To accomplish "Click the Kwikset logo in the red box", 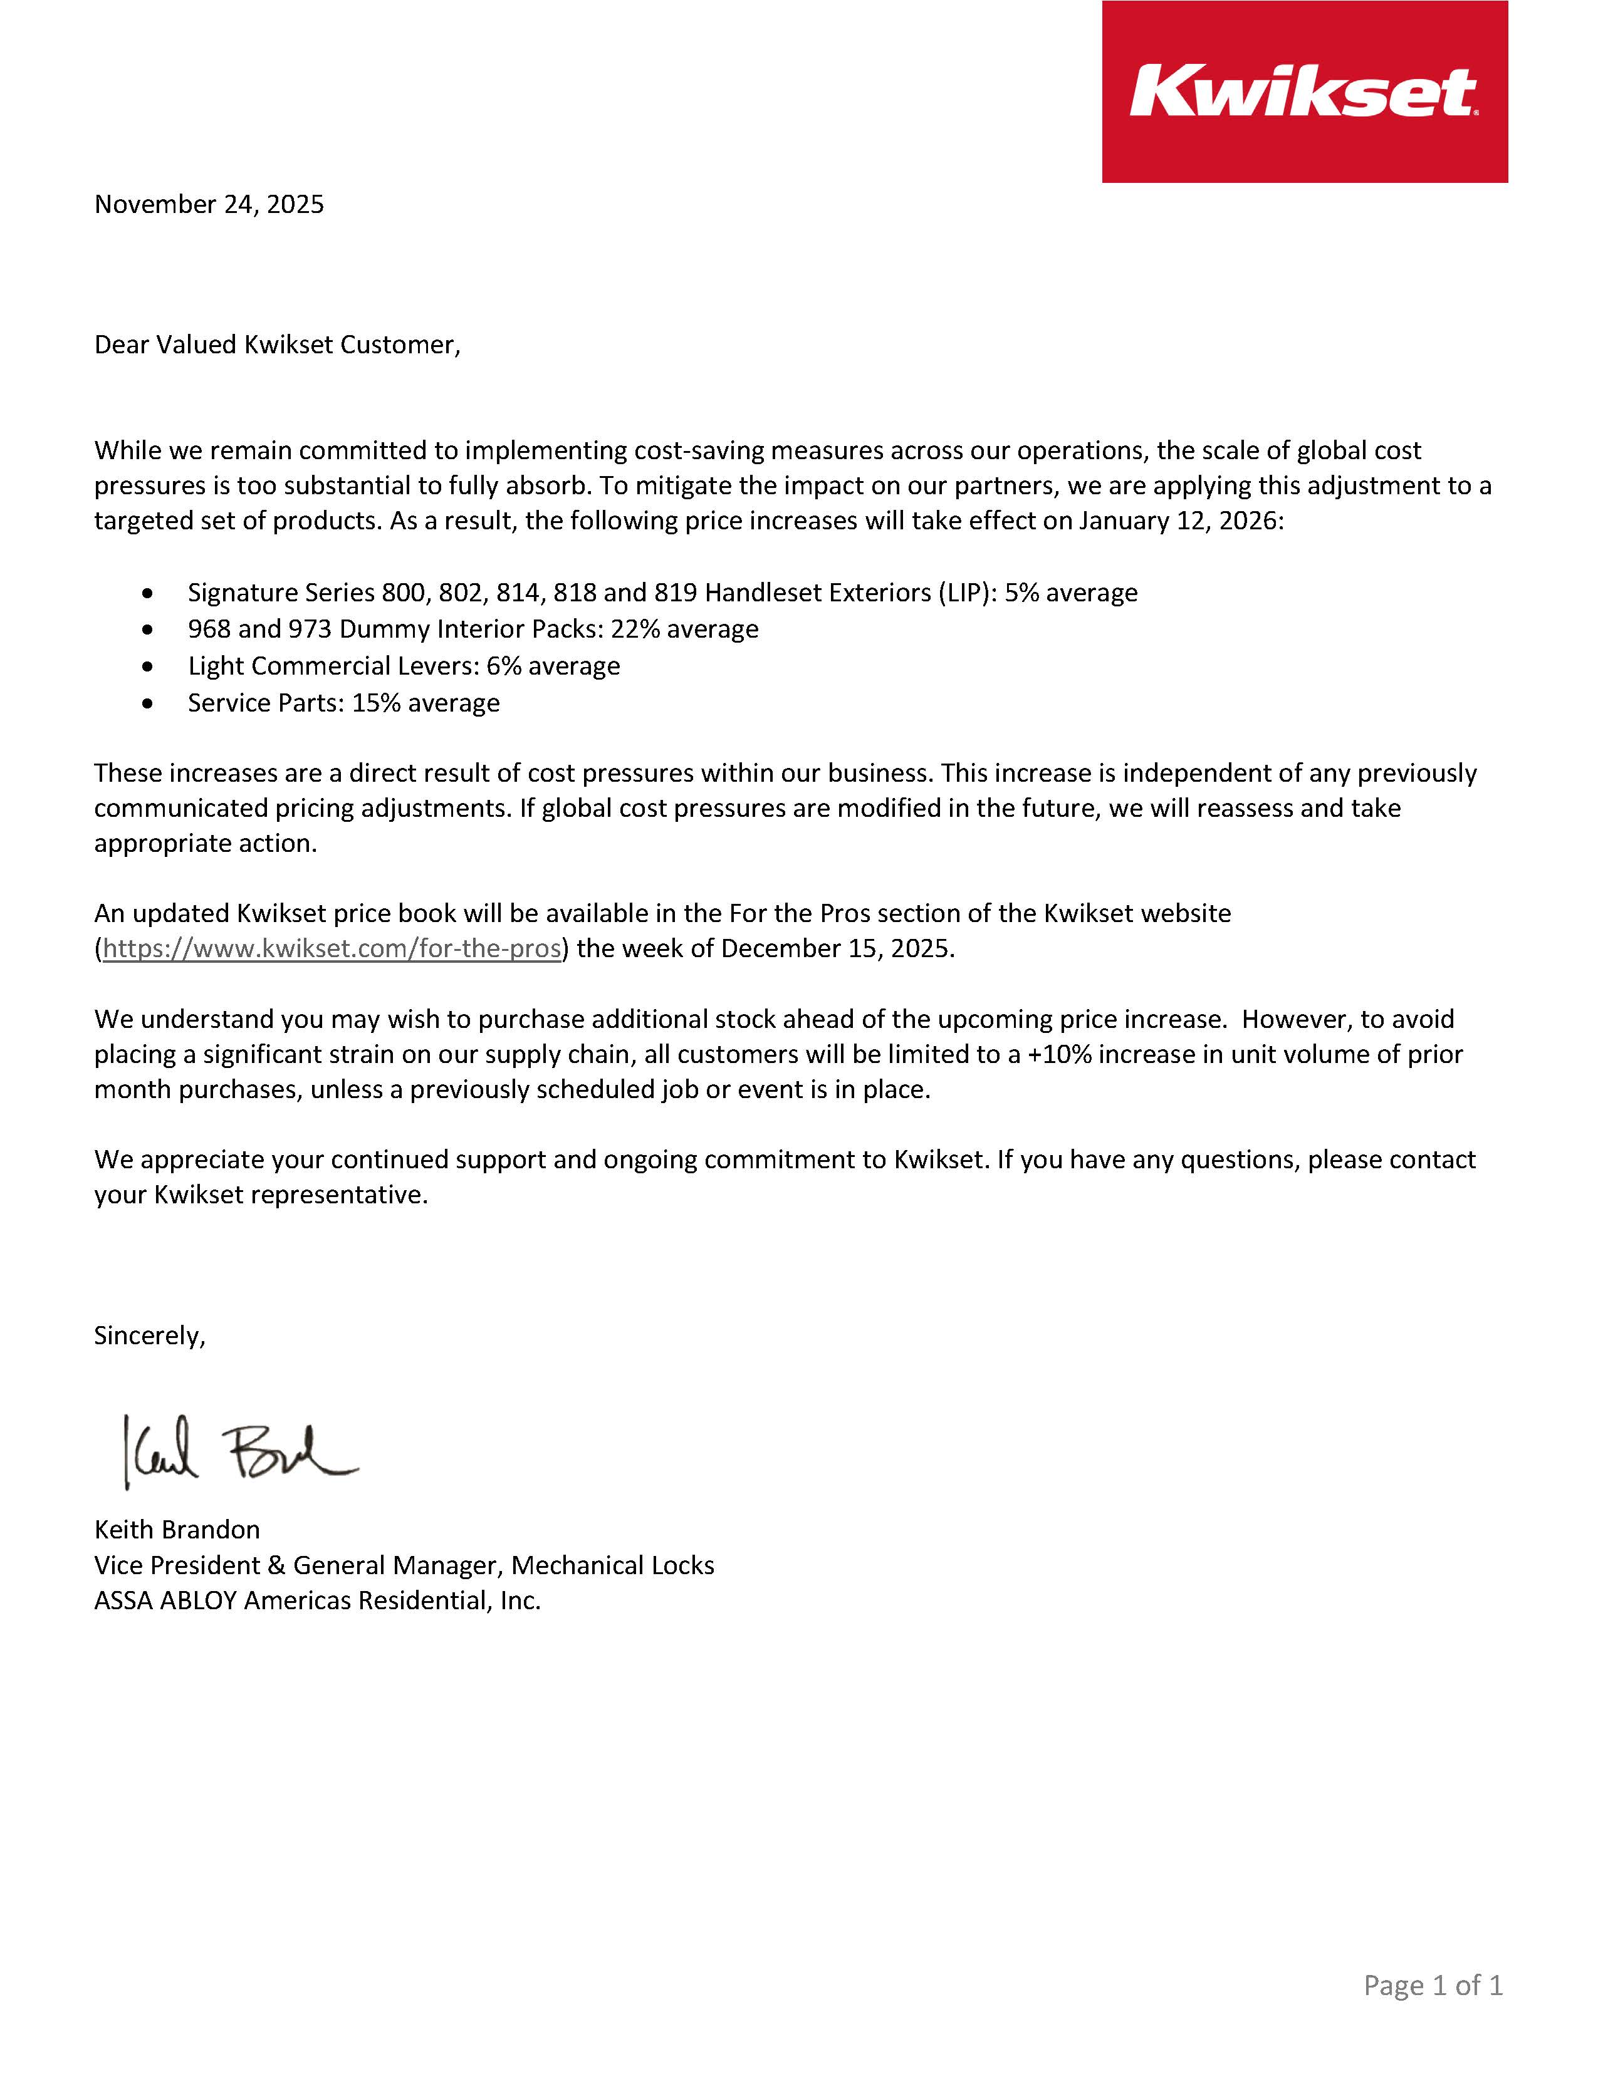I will [x=1303, y=92].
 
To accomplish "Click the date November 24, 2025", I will [x=209, y=204].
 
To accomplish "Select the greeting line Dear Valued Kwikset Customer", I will [x=276, y=344].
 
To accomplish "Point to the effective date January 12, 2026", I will [x=1180, y=521].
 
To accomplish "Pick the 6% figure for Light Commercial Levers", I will [x=504, y=666].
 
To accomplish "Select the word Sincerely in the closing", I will [x=149, y=1335].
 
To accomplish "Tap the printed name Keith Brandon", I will [x=177, y=1529].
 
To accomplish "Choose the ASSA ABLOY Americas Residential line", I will [x=317, y=1600].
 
